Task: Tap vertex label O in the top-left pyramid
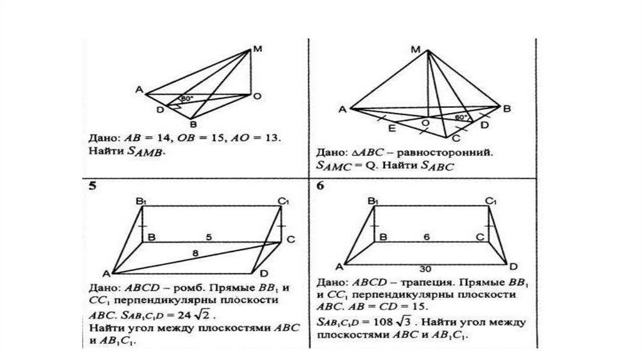257,97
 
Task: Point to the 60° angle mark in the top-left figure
186,99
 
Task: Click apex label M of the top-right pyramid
415,49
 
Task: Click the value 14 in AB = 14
150,136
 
